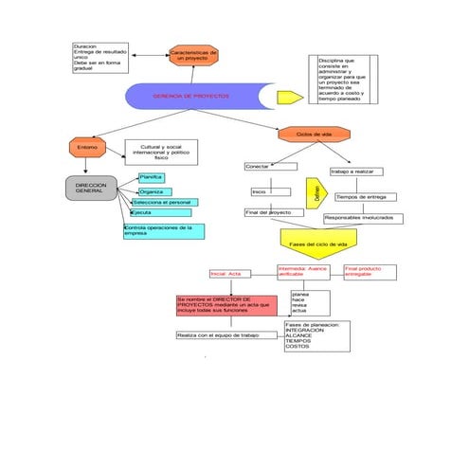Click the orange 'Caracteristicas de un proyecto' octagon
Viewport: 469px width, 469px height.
pos(193,55)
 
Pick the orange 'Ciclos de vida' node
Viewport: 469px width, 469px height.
pos(314,135)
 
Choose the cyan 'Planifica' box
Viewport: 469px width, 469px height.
pos(152,177)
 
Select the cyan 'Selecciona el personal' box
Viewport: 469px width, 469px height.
pos(165,202)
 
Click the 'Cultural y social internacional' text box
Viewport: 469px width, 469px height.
pos(161,151)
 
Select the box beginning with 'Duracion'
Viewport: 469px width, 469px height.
pos(100,57)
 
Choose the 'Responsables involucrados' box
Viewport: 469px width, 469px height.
pos(362,218)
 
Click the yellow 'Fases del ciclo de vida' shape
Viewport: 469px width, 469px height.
pos(318,244)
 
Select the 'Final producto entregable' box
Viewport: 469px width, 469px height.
pos(369,272)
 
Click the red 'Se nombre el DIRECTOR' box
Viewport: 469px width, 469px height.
pos(225,305)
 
